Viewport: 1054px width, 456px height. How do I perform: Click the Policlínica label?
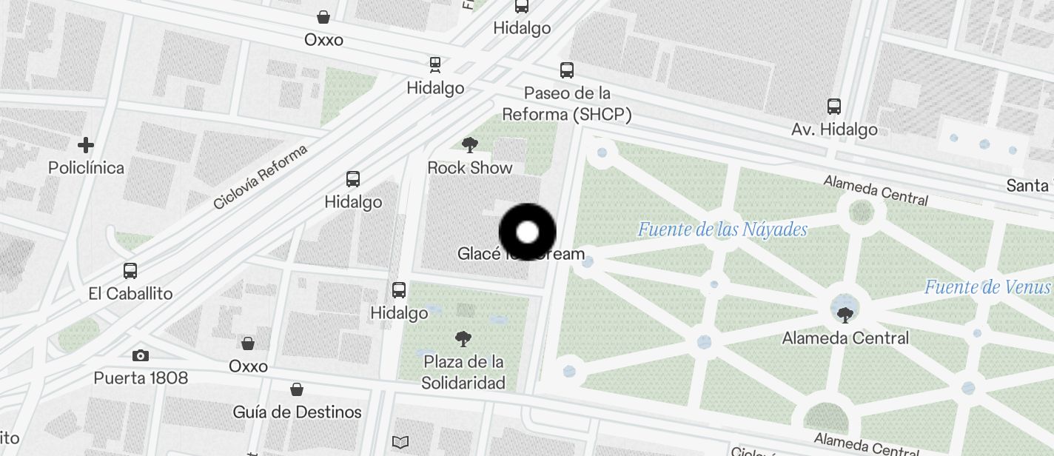coord(86,168)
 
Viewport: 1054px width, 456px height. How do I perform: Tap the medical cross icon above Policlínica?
coord(86,144)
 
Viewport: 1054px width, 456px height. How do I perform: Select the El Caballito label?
coord(130,294)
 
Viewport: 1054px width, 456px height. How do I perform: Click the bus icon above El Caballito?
coord(130,271)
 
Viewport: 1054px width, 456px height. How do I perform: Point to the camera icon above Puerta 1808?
coord(141,356)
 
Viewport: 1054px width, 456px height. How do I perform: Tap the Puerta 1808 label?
coord(141,378)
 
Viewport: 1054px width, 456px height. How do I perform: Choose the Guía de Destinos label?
coord(297,412)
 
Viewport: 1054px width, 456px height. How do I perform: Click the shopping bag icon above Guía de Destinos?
coord(297,389)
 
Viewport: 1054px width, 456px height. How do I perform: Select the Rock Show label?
coord(470,168)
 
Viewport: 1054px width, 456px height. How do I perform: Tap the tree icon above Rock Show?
coord(469,144)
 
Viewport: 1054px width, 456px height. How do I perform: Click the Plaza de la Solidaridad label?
coord(463,372)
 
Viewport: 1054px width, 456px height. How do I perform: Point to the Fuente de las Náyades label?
coord(722,229)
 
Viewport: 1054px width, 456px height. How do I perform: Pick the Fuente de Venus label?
coord(987,287)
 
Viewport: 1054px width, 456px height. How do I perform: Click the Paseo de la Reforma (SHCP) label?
coord(567,104)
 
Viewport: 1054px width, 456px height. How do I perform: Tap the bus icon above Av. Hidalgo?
coord(834,107)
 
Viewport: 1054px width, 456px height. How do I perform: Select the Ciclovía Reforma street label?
coord(260,177)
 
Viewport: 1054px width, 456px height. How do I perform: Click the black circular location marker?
coord(527,232)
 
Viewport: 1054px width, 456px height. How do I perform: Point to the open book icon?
coord(400,443)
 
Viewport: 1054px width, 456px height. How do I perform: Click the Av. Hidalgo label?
coord(834,130)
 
